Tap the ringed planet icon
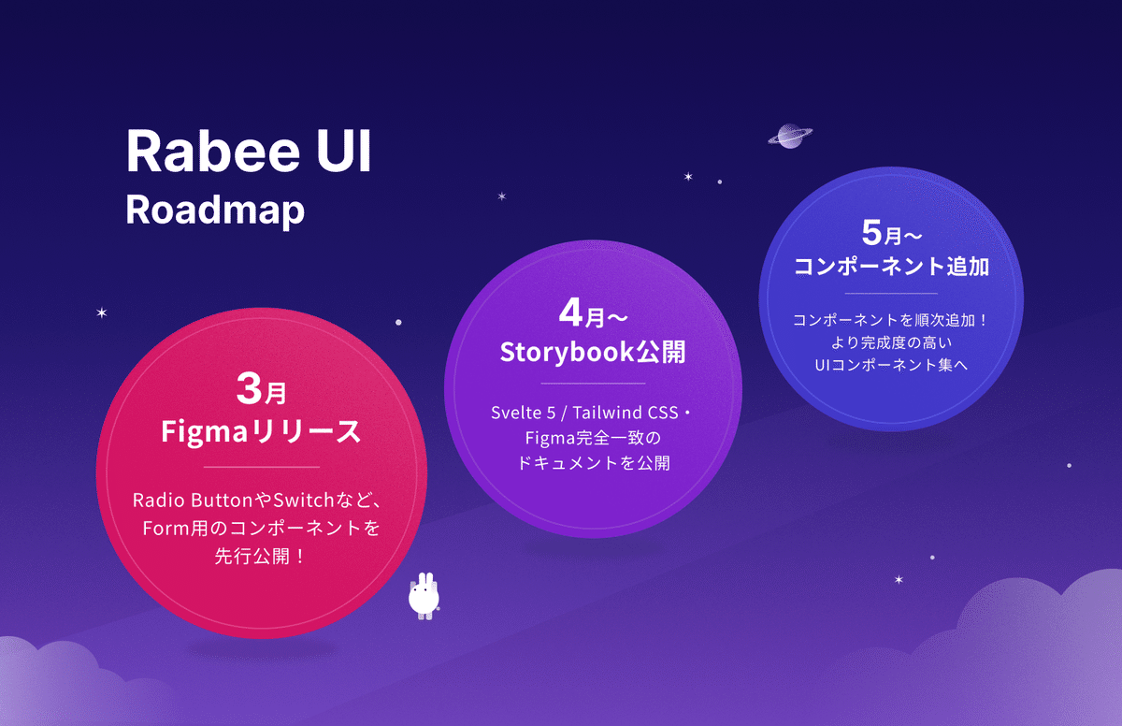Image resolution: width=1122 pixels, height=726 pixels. click(x=790, y=136)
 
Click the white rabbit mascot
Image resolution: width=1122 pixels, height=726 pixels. click(x=424, y=595)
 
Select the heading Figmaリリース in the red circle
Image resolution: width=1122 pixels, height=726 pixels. click(x=261, y=432)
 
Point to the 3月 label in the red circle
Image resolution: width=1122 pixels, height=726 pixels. click(x=261, y=389)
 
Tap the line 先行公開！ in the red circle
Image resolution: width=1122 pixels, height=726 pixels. click(x=261, y=556)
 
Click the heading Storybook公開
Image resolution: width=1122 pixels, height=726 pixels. click(x=593, y=352)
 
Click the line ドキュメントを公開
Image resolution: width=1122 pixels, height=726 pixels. click(x=593, y=462)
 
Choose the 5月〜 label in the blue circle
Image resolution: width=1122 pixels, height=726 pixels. click(x=891, y=230)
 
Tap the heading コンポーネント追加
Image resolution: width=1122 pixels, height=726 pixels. click(x=891, y=266)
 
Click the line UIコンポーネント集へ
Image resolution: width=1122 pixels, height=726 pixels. click(x=891, y=364)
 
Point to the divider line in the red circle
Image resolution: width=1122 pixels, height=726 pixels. click(x=261, y=466)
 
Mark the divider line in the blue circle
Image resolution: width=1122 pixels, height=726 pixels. click(x=891, y=294)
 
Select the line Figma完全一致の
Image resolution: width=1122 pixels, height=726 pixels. click(x=593, y=438)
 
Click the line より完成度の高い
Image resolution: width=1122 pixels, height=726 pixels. click(x=891, y=341)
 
